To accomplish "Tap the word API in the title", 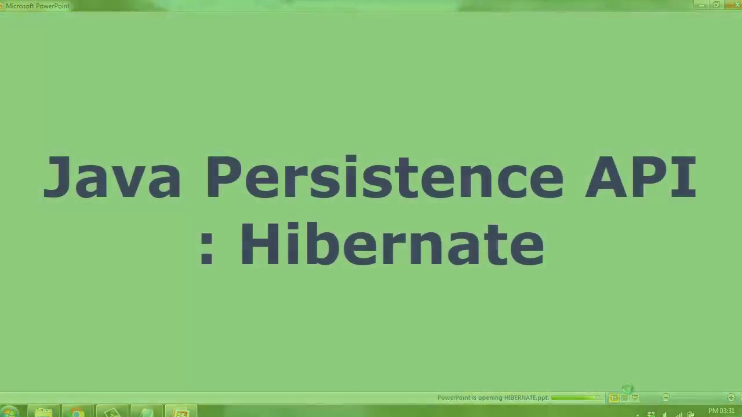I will [640, 177].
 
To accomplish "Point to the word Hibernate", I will [391, 244].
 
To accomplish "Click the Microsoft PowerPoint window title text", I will [38, 6].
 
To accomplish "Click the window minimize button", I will [702, 5].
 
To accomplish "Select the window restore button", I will [716, 5].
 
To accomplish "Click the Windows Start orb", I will [9, 412].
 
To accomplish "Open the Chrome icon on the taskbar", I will [77, 412].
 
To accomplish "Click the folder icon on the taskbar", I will [43, 412].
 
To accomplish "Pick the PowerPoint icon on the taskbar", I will [181, 412].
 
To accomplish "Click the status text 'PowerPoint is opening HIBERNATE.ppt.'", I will [493, 398].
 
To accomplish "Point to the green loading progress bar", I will [576, 398].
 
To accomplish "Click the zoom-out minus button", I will [665, 398].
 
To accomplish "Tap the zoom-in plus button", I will [731, 398].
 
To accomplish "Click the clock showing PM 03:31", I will [721, 411].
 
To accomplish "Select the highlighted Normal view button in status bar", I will [614, 398].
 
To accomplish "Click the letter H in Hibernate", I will [254, 244].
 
